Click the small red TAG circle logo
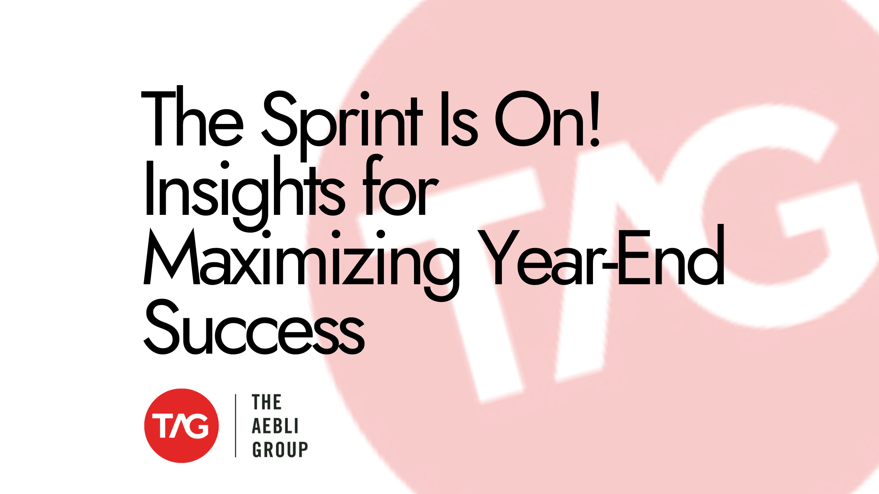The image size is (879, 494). (181, 426)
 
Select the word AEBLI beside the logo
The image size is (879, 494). (275, 426)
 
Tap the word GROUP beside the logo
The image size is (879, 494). (280, 449)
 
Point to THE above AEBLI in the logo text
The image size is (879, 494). (267, 403)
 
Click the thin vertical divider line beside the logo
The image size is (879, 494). (235, 426)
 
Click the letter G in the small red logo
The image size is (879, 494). (198, 426)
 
